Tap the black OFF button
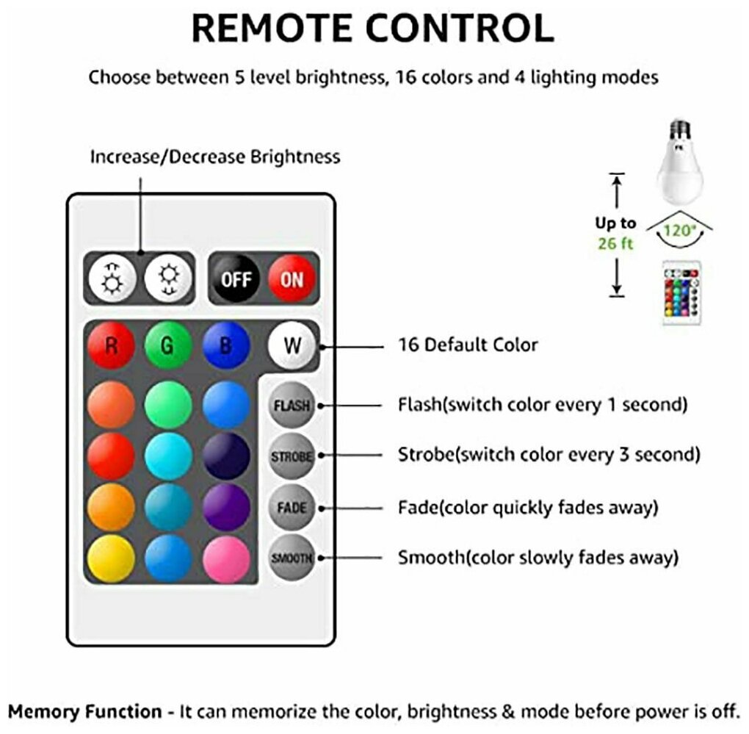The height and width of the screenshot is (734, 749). (x=236, y=278)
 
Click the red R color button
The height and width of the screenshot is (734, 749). (x=112, y=345)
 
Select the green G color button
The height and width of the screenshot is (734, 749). (x=168, y=345)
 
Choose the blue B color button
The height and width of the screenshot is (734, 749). (x=226, y=345)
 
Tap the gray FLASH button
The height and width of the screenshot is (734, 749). (x=292, y=406)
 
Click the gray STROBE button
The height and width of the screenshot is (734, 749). (x=292, y=456)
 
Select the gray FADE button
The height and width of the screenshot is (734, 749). (x=292, y=508)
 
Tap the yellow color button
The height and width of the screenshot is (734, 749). (x=112, y=558)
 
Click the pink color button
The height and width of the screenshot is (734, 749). (x=226, y=558)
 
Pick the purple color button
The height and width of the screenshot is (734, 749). (x=226, y=507)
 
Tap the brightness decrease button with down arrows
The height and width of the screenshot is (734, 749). (x=168, y=278)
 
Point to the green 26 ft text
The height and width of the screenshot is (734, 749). (x=615, y=244)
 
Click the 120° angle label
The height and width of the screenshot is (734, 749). (x=679, y=230)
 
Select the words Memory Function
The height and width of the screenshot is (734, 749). (x=85, y=711)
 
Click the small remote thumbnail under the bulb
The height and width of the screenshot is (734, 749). (x=681, y=293)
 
